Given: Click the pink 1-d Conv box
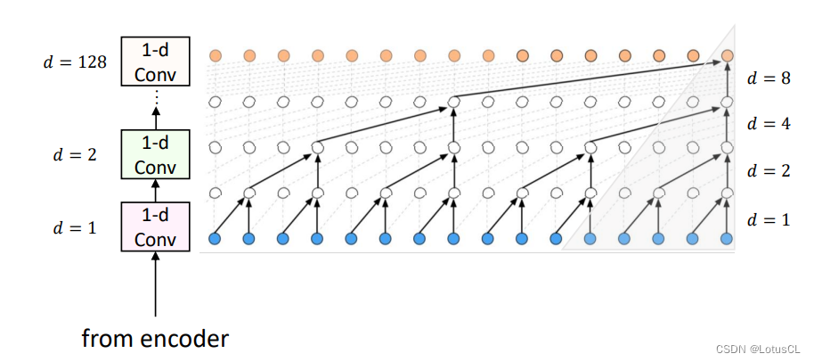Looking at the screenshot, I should (156, 227).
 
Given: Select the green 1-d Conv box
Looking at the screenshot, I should (156, 153).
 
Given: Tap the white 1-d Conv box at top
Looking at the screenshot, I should (156, 62).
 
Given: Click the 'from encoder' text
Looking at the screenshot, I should (155, 339).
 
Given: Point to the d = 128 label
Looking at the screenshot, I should (75, 62).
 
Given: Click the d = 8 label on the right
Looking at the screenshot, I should (769, 78).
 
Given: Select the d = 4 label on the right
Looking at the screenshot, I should (769, 124).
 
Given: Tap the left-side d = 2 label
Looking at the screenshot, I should (75, 154).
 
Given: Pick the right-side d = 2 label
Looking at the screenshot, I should (769, 170).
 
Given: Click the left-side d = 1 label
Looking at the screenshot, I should (75, 227).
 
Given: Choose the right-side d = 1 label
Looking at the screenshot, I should (769, 218).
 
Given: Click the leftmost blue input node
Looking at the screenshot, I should (215, 238).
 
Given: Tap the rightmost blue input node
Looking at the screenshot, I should (727, 238).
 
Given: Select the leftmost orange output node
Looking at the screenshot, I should (215, 55).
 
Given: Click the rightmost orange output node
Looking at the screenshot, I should (727, 55).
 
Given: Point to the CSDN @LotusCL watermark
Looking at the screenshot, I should (757, 349).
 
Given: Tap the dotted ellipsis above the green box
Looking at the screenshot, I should (156, 97).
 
